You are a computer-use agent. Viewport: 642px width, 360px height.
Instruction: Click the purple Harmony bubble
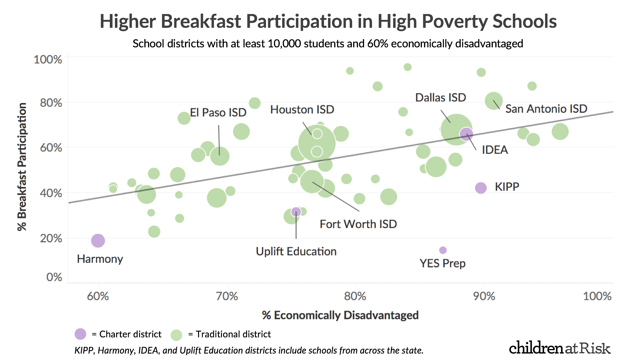click(98, 241)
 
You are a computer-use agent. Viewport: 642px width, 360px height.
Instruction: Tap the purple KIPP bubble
click(481, 188)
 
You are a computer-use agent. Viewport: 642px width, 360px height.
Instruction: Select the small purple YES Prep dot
click(443, 250)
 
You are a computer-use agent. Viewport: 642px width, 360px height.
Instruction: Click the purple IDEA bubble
click(467, 134)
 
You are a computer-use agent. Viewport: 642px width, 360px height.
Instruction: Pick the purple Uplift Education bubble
click(296, 211)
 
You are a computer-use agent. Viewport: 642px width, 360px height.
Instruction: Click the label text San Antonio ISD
click(546, 109)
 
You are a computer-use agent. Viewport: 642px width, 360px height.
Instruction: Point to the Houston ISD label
click(302, 109)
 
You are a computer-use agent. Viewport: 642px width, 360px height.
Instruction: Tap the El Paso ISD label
click(218, 112)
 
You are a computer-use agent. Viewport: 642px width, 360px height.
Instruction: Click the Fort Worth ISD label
click(358, 224)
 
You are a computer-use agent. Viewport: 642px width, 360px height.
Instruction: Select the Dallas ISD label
click(440, 97)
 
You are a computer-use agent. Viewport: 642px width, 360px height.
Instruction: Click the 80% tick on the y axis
click(51, 103)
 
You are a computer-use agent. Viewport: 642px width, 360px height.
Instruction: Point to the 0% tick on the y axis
click(54, 277)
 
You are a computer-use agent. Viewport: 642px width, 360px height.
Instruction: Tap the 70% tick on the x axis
click(227, 296)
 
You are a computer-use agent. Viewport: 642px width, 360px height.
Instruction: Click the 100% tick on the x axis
click(597, 296)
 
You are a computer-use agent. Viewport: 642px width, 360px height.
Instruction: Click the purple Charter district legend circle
click(80, 334)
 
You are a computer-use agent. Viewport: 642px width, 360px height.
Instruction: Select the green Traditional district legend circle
click(176, 335)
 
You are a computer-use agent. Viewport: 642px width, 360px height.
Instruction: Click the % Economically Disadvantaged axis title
click(340, 315)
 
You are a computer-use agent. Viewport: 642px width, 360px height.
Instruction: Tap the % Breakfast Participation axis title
click(22, 167)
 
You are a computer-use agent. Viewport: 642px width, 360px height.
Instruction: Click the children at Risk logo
click(559, 348)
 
